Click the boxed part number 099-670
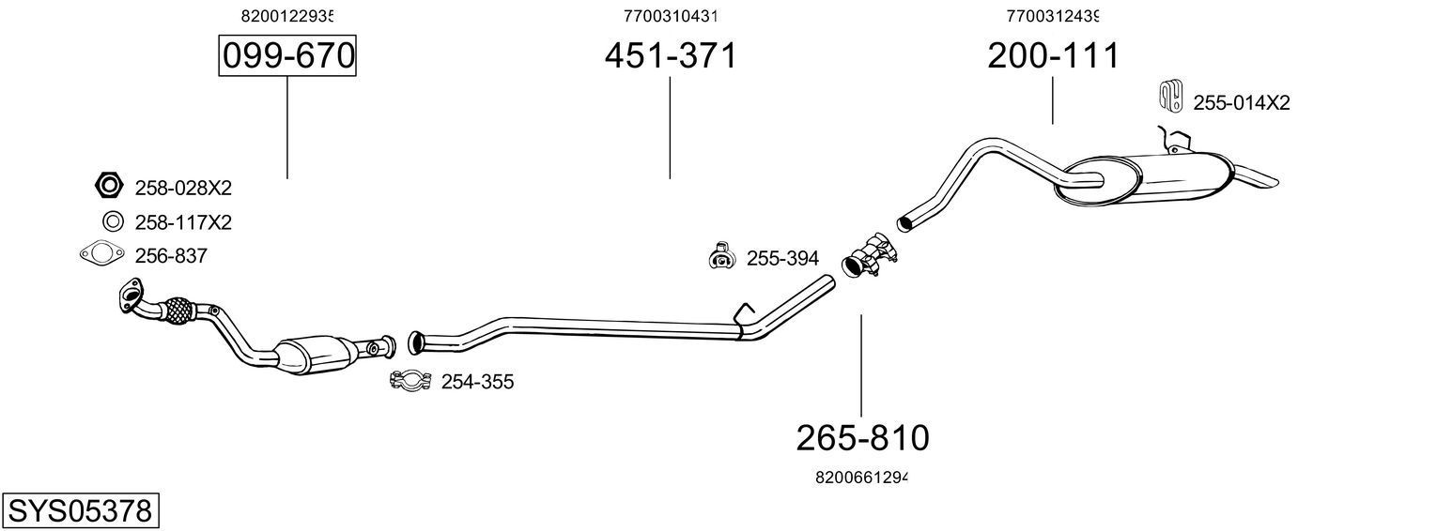(287, 56)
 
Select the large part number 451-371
(670, 56)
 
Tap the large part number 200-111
(1052, 56)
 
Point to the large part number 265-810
(861, 437)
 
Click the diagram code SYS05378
(79, 511)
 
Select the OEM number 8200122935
(287, 16)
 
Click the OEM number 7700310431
(670, 16)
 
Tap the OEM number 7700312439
(1052, 16)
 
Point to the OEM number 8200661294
(861, 478)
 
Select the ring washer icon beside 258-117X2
(112, 222)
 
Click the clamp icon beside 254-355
(410, 381)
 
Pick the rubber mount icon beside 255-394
(720, 256)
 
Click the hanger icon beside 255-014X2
(1170, 96)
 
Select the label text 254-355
(477, 382)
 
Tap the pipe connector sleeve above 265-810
(869, 257)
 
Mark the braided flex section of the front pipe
(177, 311)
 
